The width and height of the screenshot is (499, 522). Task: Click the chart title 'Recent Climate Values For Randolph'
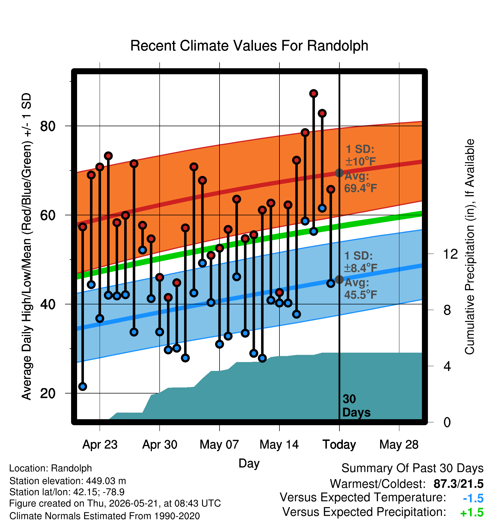click(249, 46)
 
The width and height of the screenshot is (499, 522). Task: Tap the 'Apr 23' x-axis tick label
click(100, 445)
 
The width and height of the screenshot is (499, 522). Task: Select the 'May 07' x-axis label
click(219, 445)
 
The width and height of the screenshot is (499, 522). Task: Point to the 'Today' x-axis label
click(339, 445)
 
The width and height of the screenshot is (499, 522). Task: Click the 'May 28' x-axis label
click(399, 445)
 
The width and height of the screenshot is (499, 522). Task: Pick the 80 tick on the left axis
click(48, 126)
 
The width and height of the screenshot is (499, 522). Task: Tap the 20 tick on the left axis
click(48, 393)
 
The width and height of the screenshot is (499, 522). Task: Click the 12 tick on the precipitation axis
click(450, 254)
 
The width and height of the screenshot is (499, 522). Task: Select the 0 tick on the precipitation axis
click(447, 422)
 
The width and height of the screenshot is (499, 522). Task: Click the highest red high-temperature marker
click(314, 93)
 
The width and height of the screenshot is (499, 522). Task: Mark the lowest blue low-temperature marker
click(83, 387)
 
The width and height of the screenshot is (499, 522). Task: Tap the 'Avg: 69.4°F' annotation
click(361, 182)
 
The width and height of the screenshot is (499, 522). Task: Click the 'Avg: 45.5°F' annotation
click(361, 288)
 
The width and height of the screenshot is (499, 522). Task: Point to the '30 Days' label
click(356, 406)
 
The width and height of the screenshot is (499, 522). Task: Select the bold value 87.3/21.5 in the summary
click(458, 484)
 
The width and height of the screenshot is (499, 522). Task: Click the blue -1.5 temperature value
click(473, 498)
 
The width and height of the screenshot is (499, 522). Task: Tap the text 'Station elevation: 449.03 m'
click(68, 481)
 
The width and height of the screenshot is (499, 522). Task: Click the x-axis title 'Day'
click(249, 463)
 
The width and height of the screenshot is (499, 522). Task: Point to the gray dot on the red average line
click(339, 173)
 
